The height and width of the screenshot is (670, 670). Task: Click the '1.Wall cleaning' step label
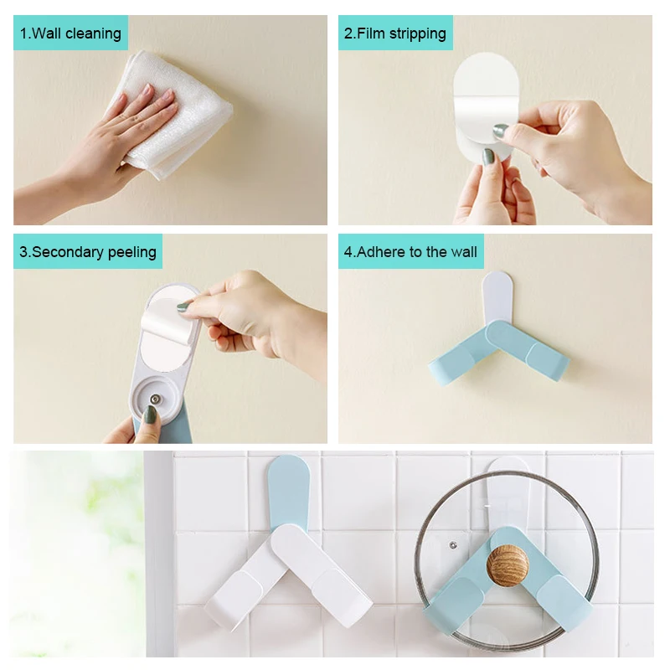tap(70, 33)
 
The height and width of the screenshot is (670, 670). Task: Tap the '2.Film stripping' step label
tap(395, 33)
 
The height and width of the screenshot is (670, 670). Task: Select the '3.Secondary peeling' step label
tap(88, 252)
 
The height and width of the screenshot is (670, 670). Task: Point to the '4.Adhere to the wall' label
tap(410, 252)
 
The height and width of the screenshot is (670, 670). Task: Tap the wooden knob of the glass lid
tap(508, 564)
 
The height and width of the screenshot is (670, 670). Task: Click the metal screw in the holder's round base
tap(155, 399)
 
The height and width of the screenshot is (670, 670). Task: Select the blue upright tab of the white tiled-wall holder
tap(288, 492)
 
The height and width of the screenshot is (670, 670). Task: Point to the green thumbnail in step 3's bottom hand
tap(151, 415)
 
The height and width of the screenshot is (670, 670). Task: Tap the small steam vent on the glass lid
tap(453, 545)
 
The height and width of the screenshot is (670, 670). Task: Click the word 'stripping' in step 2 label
tap(418, 33)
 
